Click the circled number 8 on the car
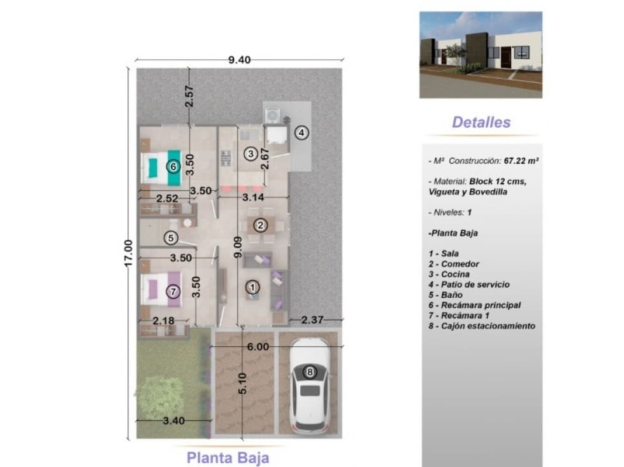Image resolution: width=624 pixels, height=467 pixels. coord(310,372)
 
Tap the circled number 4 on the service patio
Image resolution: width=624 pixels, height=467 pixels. coord(301,132)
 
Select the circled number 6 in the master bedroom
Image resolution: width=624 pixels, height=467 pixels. coord(173,167)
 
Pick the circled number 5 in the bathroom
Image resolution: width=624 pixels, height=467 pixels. coord(171,238)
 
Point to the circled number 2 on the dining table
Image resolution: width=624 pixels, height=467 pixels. coord(260,226)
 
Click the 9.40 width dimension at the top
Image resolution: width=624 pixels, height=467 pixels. coord(239,60)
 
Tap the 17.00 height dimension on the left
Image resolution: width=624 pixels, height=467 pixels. coord(127,253)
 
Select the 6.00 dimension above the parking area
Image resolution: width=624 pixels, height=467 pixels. coord(258,347)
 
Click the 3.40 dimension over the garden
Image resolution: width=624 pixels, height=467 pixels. coord(174,421)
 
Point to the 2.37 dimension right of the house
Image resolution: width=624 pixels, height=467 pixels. coord(312,319)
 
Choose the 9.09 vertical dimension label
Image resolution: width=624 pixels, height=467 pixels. coord(238,247)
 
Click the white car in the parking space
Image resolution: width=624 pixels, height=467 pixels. coord(309,386)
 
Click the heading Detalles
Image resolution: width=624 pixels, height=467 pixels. coord(481,122)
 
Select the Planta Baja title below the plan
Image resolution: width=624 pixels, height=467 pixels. coord(228,458)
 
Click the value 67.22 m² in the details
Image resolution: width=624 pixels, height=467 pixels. coord(521,161)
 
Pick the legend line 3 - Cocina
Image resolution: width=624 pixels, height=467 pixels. coord(449,274)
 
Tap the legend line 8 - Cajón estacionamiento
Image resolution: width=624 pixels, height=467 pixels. coord(482,326)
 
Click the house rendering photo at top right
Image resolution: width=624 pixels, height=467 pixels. coord(481,55)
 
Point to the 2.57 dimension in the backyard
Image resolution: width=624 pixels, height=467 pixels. coord(189,96)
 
